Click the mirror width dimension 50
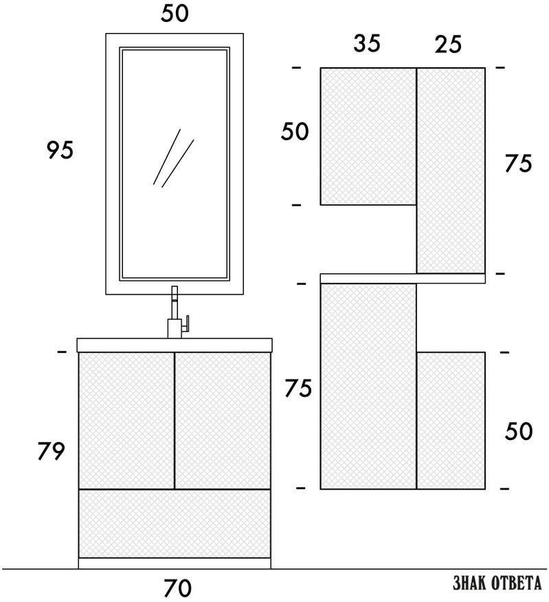(175, 14)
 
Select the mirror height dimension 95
(60, 150)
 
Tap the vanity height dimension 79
(51, 451)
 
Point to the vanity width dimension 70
(177, 588)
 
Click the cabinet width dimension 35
(367, 43)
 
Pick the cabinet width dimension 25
(448, 44)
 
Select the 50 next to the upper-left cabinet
(295, 131)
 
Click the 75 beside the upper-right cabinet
(518, 163)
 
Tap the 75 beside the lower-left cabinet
(298, 388)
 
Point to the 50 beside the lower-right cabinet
(519, 431)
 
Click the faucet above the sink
(176, 312)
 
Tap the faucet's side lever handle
(186, 323)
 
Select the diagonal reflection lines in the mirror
(173, 158)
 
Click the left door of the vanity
(126, 420)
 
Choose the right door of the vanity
(223, 420)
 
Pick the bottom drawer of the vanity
(175, 524)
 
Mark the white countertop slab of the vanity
(175, 345)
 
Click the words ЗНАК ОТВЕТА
(497, 583)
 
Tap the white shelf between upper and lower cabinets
(403, 279)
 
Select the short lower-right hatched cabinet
(451, 420)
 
